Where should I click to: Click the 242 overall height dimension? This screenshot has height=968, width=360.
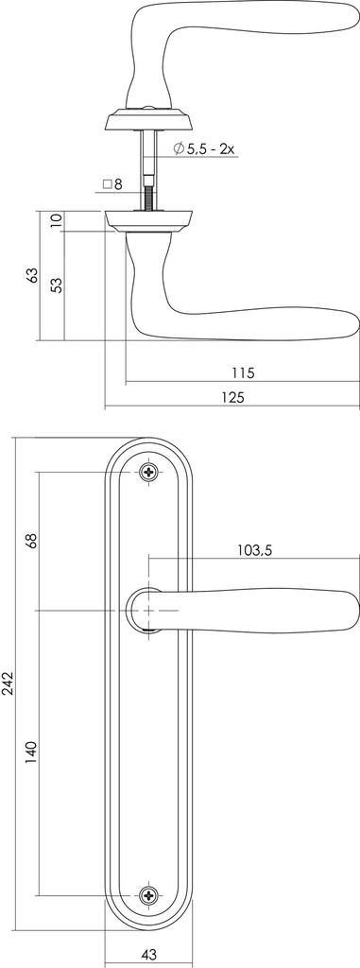point(9,684)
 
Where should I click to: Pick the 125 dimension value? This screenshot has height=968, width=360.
point(231,397)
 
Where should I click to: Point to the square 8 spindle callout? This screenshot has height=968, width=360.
point(112,184)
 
